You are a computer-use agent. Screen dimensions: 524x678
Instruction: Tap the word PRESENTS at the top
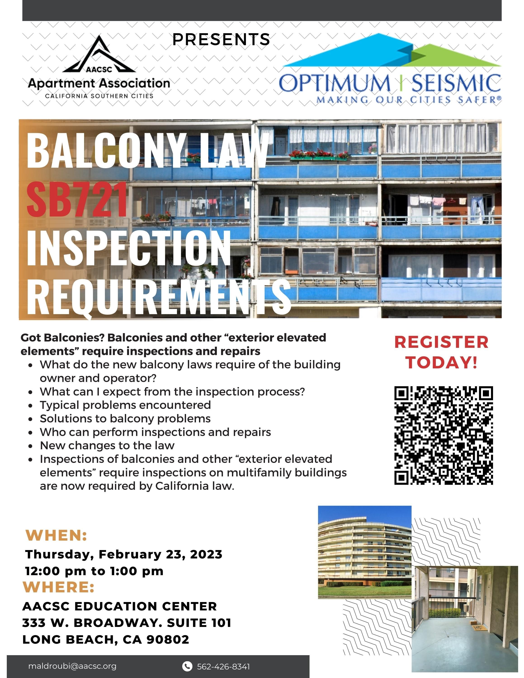click(221, 39)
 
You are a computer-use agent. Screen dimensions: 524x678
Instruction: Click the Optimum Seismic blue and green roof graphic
click(392, 50)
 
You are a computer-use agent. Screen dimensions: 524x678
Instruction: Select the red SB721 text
click(77, 199)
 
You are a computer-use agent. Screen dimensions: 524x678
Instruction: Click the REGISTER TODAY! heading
click(441, 352)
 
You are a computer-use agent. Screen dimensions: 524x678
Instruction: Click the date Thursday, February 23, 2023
click(124, 554)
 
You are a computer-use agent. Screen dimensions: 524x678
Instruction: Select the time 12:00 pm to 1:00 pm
click(94, 571)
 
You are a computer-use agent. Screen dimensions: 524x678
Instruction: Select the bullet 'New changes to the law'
click(107, 445)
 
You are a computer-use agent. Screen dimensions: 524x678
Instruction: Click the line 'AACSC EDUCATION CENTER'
click(120, 606)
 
